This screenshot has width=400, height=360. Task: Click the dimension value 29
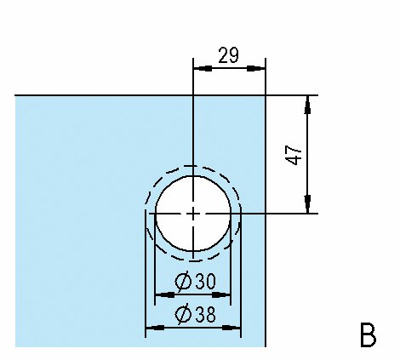point(229,55)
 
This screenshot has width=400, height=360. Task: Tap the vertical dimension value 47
point(294,155)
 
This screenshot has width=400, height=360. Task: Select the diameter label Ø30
point(195,282)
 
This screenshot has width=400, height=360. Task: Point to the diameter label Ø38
point(195,314)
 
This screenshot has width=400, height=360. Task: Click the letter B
point(368,334)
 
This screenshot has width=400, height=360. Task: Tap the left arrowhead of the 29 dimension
point(203,68)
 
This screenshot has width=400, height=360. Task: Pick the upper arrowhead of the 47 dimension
point(307,105)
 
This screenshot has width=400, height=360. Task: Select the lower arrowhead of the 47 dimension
point(307,204)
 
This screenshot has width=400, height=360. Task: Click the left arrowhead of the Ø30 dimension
point(164,294)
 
